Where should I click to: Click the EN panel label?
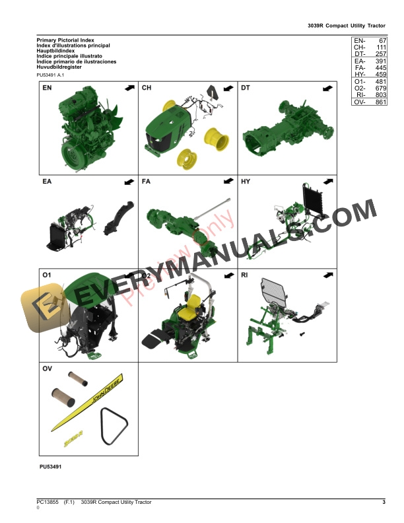click(x=47, y=88)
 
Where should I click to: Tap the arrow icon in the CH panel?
click(x=228, y=88)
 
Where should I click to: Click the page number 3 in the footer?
click(x=384, y=503)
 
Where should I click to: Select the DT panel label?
click(x=246, y=88)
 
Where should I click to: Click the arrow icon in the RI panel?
click(x=327, y=274)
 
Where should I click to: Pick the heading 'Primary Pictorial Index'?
click(x=65, y=40)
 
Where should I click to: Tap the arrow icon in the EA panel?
click(x=129, y=181)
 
